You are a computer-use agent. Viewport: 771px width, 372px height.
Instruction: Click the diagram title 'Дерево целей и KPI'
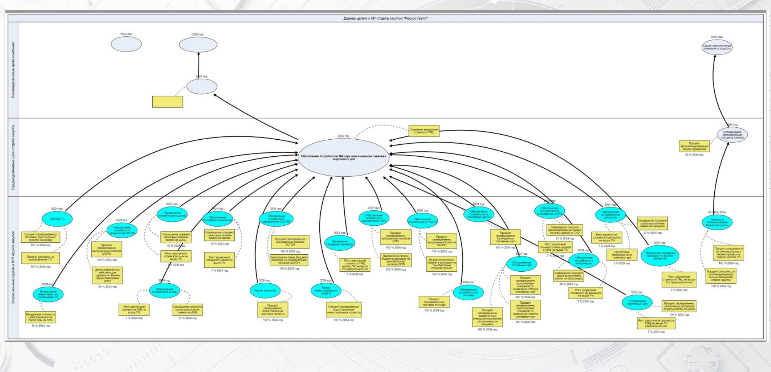click(x=385, y=18)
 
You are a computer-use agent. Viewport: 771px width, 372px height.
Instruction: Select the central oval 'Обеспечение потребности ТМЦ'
click(x=344, y=157)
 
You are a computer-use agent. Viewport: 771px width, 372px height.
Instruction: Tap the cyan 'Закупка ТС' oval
click(x=57, y=219)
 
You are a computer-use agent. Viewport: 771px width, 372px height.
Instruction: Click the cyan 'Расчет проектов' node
click(x=265, y=291)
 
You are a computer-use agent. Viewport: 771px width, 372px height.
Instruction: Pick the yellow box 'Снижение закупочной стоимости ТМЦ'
click(x=424, y=131)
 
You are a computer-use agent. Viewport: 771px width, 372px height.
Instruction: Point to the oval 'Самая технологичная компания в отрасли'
click(x=717, y=47)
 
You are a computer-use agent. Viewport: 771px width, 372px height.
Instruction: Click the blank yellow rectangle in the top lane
click(x=167, y=101)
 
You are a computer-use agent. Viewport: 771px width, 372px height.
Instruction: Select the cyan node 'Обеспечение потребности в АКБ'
click(x=164, y=291)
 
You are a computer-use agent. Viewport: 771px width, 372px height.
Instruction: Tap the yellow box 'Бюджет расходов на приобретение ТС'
click(x=40, y=258)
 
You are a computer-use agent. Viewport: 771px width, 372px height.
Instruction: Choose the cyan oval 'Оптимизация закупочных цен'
click(x=637, y=302)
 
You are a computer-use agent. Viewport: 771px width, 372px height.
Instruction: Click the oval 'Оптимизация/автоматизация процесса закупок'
click(x=732, y=135)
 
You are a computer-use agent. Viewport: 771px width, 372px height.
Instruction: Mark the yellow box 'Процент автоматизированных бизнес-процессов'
click(x=694, y=146)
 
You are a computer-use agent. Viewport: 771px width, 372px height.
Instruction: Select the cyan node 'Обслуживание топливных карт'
click(x=521, y=264)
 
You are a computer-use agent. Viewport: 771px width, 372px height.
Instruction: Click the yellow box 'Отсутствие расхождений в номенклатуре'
click(x=621, y=255)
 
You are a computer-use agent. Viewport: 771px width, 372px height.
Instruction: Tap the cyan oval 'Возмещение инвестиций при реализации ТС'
click(x=48, y=294)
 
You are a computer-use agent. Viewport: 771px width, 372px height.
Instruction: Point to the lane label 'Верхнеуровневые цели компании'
click(x=13, y=70)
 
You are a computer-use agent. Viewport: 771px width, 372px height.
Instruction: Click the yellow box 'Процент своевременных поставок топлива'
click(x=434, y=302)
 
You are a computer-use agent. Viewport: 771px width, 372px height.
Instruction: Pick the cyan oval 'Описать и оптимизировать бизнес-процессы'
click(x=717, y=222)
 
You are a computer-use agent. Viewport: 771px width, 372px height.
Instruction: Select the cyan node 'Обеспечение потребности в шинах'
click(x=172, y=215)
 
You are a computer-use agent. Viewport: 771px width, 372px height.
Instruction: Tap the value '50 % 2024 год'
click(x=107, y=287)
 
